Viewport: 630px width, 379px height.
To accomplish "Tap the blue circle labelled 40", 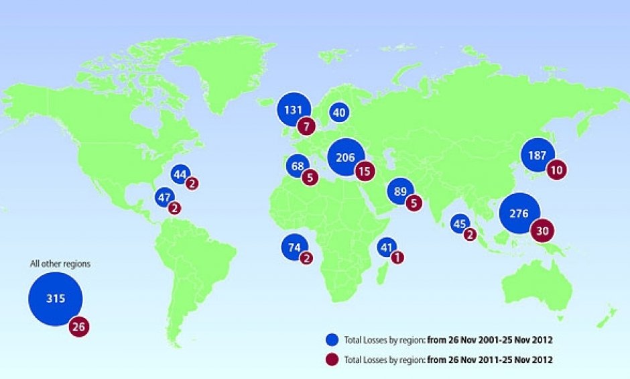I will tap(339, 113).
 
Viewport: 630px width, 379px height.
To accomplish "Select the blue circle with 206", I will tap(345, 157).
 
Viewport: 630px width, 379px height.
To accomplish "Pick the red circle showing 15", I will tap(365, 172).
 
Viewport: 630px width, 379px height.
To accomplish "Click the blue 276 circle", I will tap(519, 213).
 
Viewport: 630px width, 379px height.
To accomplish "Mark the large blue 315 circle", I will tap(56, 299).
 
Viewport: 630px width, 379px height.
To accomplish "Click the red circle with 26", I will tap(78, 327).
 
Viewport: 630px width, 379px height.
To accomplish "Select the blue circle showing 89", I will tap(401, 192).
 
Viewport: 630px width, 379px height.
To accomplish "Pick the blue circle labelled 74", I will tap(294, 247).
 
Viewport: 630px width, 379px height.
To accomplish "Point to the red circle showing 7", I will tap(308, 127).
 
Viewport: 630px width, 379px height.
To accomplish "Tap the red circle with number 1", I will tap(397, 257).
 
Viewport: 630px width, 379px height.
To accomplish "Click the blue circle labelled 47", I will tap(164, 197).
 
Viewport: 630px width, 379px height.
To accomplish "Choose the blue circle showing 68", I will tap(296, 165).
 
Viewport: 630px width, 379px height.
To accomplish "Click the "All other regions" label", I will tap(60, 264).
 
